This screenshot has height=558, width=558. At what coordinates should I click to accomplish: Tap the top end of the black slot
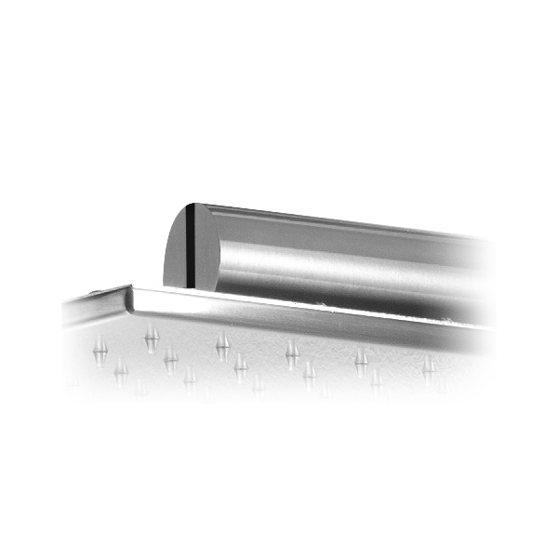(x=189, y=206)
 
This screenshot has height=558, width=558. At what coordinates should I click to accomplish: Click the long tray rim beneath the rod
(x=307, y=312)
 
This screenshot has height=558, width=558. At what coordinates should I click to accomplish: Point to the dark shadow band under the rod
(x=372, y=302)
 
